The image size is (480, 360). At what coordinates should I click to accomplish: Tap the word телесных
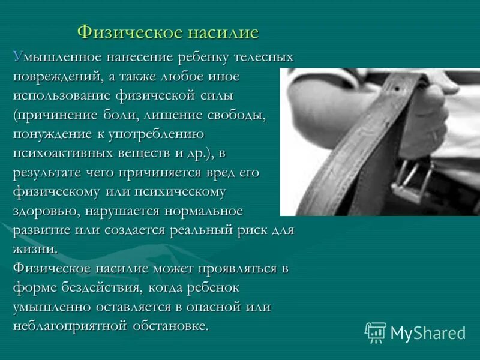pyautogui.click(x=266, y=58)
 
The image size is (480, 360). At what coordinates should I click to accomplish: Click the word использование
pyautogui.click(x=61, y=96)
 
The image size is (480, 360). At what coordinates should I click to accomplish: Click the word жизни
pyautogui.click(x=35, y=249)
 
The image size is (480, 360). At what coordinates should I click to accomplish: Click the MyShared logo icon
pyautogui.click(x=376, y=332)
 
